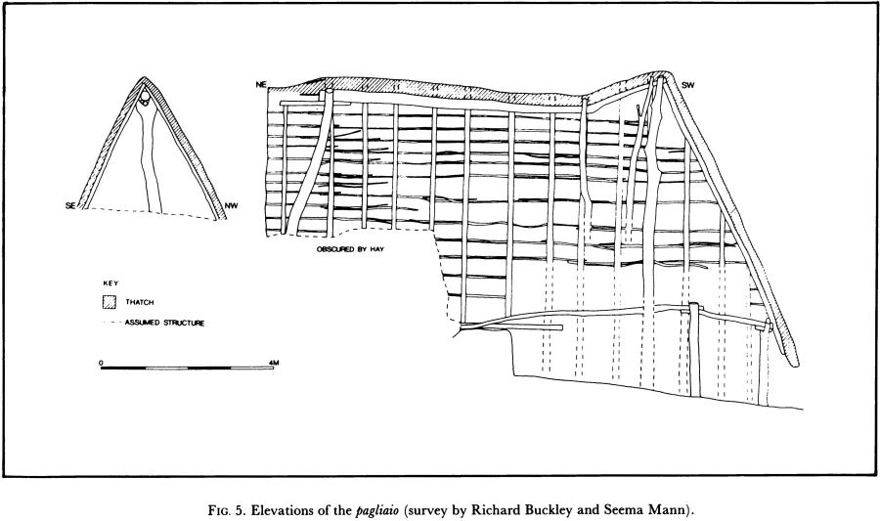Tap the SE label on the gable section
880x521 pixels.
pos(70,204)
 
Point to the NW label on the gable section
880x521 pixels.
pos(230,204)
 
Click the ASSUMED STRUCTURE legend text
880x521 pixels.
pos(164,322)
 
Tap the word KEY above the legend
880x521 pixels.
pos(110,283)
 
